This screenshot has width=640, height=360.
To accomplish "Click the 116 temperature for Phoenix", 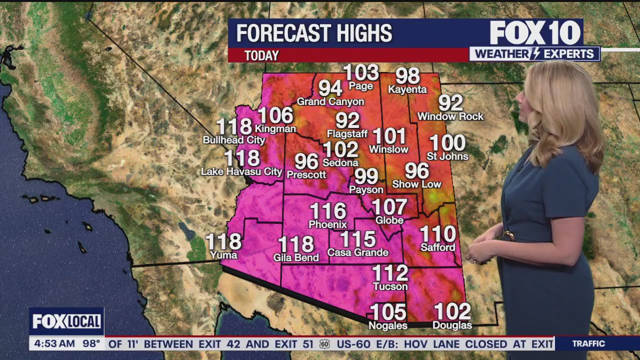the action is click(327, 211).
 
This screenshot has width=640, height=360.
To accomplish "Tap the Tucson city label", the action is click(390, 286).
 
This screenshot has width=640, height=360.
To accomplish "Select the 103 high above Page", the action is click(361, 73).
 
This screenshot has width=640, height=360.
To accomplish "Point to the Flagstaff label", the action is click(347, 133).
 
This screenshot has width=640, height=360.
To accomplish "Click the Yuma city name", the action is click(223, 255).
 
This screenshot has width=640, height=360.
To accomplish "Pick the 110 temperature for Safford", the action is click(438, 234).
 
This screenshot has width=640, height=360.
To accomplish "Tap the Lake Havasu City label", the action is click(241, 171).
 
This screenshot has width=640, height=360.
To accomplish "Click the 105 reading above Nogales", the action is click(388, 312).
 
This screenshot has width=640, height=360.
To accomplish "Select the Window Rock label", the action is click(450, 116).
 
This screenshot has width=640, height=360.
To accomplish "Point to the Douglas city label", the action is click(452, 325).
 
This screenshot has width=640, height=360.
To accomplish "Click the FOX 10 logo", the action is click(535, 33).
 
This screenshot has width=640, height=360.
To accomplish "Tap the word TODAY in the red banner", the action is click(261, 55).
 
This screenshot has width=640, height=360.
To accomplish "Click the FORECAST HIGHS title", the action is click(314, 33).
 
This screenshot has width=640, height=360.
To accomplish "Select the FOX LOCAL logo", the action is click(66, 321).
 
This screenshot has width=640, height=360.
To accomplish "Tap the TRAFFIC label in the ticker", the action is click(588, 343).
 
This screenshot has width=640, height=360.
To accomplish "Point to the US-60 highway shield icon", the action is click(325, 344).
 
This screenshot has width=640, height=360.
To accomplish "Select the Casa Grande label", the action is click(357, 252).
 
